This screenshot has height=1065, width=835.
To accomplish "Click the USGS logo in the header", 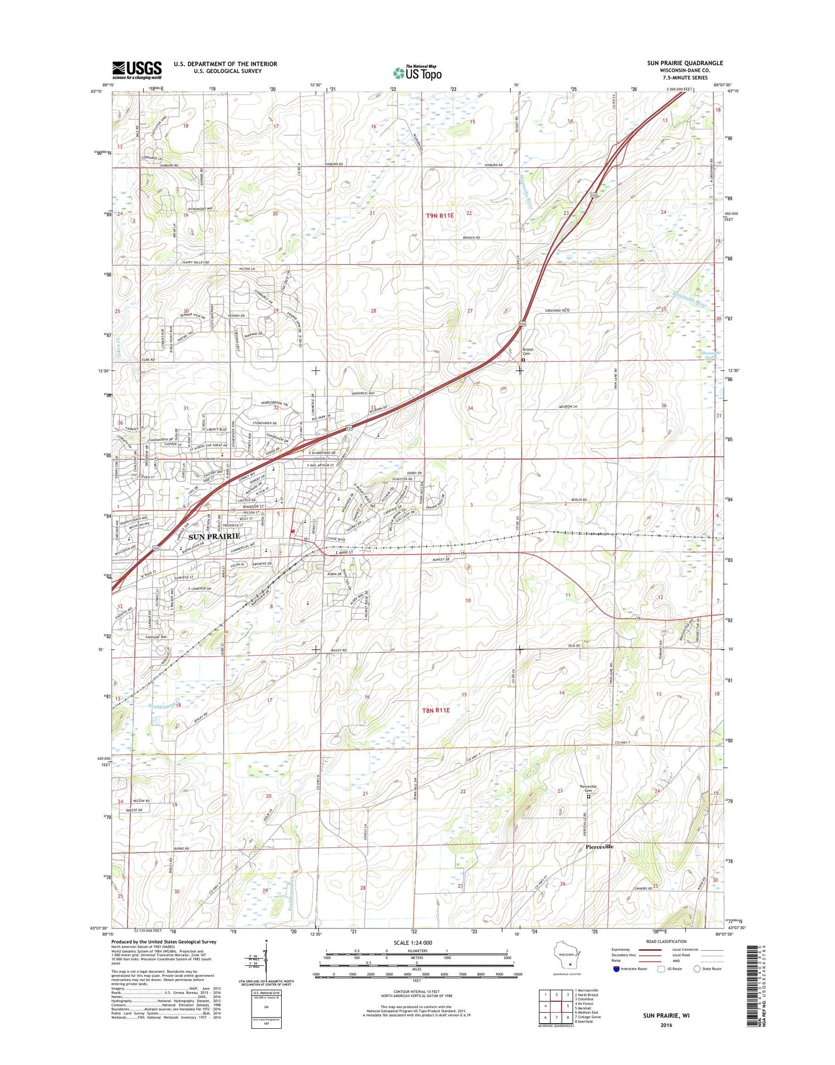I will point(137,70).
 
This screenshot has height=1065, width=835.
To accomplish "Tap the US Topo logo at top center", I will point(417,72).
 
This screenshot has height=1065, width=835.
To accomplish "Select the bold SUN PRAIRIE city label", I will point(214,536).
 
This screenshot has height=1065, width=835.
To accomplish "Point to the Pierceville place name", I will point(600,847).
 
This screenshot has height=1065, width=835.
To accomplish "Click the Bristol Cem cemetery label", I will point(527,351).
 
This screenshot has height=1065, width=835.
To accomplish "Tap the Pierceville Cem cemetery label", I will point(588,788).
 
